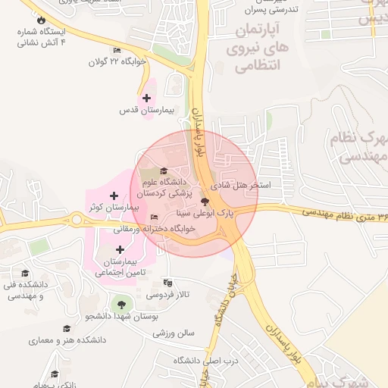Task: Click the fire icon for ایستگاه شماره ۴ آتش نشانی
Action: [40, 20]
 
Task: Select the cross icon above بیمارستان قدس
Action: [146, 98]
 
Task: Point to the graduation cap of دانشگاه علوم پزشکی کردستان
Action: [164, 170]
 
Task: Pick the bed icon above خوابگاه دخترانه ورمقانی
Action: [155, 217]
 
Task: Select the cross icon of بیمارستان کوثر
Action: [114, 196]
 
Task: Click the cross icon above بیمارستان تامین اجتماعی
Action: [120, 249]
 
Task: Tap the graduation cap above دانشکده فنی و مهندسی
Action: [25, 273]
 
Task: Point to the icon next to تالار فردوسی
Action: [168, 283]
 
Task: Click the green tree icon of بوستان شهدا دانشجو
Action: [119, 305]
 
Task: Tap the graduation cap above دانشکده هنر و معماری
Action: [67, 329]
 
